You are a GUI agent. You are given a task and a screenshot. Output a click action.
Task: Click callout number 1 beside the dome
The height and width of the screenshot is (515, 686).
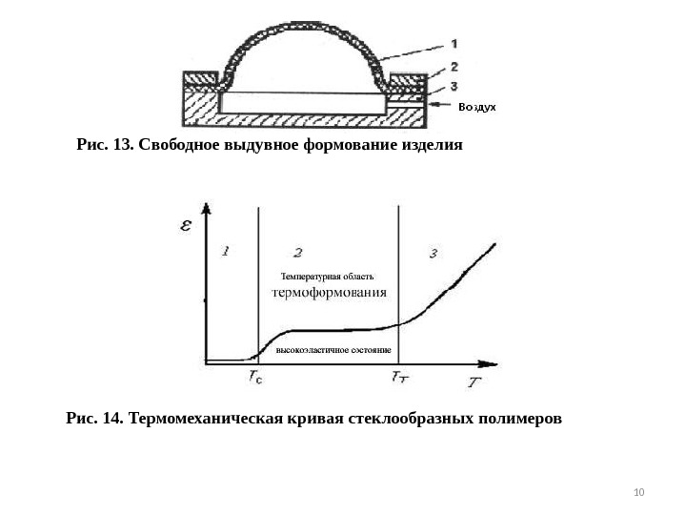point(454,42)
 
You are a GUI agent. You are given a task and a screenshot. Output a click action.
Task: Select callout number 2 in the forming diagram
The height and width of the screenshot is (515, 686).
point(454,67)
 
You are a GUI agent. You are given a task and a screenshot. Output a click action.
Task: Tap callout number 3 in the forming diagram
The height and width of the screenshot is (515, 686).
point(454,86)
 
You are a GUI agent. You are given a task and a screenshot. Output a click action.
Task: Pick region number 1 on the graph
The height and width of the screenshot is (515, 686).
point(225,251)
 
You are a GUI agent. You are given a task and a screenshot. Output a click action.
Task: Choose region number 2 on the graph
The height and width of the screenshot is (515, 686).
point(298,253)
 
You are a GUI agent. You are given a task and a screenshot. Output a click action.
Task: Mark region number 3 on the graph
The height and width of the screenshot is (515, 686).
point(434,253)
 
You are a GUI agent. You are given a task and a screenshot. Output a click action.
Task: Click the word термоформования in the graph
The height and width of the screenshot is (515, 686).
point(329,292)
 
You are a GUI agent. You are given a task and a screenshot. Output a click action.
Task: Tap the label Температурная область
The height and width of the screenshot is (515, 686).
point(314,277)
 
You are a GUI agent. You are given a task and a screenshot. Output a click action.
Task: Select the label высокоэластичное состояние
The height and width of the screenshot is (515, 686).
point(333,351)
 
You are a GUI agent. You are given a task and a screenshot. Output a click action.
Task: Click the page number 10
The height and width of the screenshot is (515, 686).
point(638,492)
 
